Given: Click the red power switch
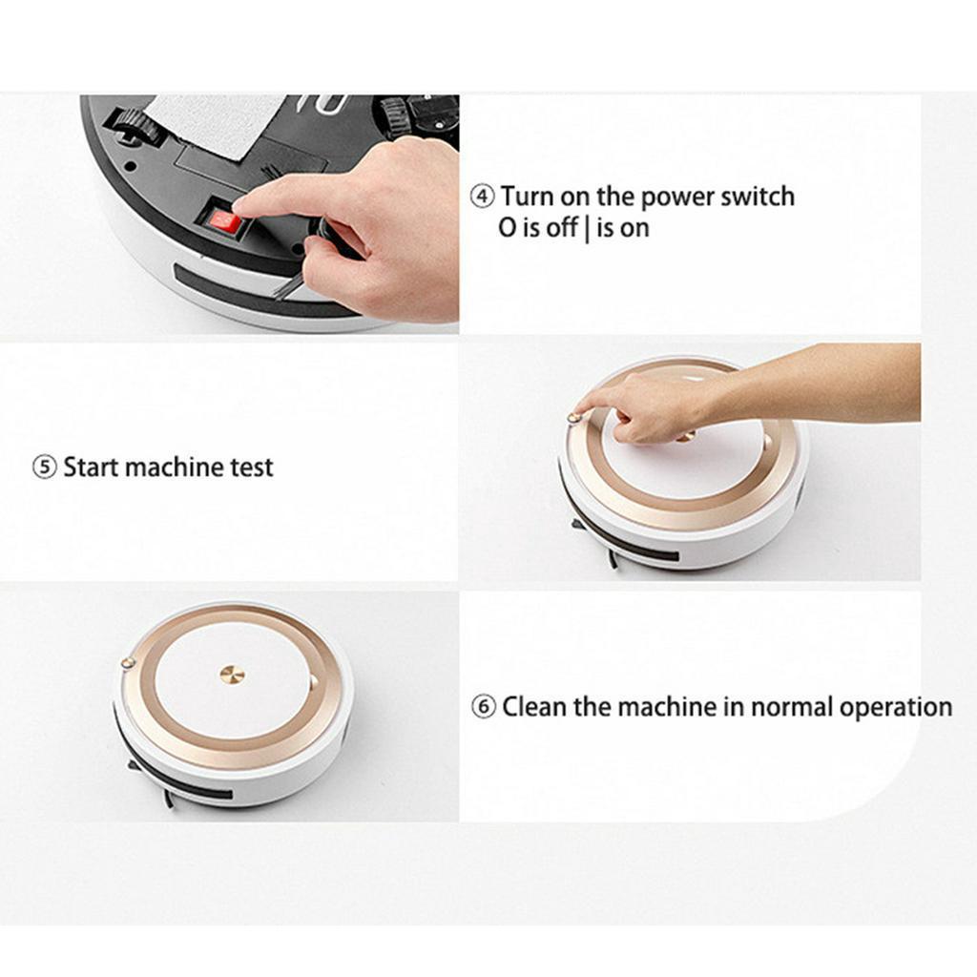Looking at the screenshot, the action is [x=225, y=221].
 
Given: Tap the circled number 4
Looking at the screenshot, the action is [x=482, y=197].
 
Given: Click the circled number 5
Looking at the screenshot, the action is [x=44, y=468].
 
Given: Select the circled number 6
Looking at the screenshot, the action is [x=484, y=708].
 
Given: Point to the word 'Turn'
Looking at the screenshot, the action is [x=527, y=197].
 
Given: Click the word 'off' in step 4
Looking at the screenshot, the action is [x=561, y=227].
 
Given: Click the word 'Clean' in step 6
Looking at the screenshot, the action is [x=534, y=707].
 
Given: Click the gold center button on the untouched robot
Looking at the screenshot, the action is [x=233, y=675].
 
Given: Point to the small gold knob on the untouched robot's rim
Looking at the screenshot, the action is [x=127, y=663].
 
